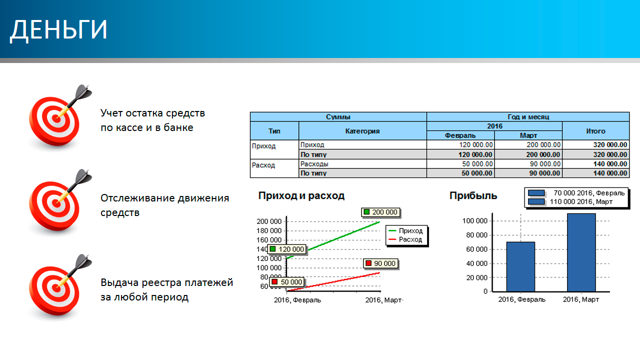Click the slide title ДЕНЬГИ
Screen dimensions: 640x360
click(58, 29)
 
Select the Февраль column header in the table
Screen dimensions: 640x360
click(460, 135)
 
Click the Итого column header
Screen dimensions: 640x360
click(595, 131)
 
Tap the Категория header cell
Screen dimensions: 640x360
click(362, 131)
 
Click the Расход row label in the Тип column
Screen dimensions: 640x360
click(263, 165)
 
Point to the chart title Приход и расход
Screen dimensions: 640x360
click(301, 195)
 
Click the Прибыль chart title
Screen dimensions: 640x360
click(473, 195)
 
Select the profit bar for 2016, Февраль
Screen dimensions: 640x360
click(520, 267)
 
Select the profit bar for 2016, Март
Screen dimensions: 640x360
click(581, 252)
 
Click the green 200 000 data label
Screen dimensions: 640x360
click(381, 212)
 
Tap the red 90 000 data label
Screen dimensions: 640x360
click(381, 263)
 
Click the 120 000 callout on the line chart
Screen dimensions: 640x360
click(287, 249)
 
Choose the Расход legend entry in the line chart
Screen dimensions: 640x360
click(405, 239)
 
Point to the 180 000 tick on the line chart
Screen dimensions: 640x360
click(269, 230)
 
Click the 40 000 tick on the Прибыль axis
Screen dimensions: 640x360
click(476, 263)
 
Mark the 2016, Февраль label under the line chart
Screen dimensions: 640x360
click(297, 300)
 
